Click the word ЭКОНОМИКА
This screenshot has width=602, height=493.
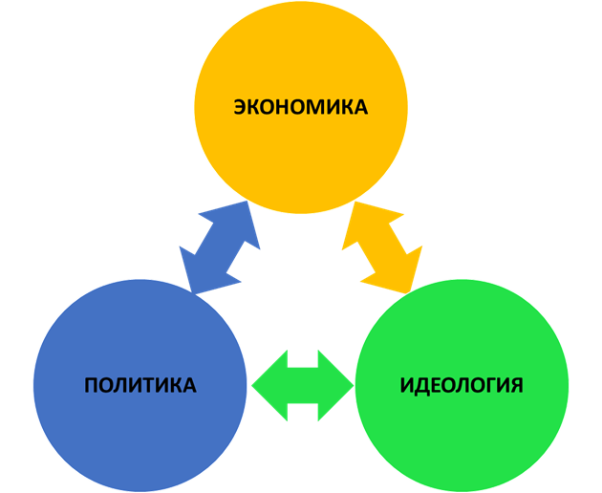[x=300, y=107]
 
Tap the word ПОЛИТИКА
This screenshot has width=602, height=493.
[x=140, y=386]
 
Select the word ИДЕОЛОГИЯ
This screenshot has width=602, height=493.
[x=462, y=386]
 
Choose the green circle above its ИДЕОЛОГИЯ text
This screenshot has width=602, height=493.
[x=462, y=334]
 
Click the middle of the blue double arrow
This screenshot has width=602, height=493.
[x=221, y=246]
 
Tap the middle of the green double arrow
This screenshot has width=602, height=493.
[x=302, y=385]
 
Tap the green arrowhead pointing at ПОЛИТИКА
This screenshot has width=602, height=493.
[x=268, y=385]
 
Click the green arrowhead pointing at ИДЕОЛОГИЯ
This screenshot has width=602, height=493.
[x=336, y=385]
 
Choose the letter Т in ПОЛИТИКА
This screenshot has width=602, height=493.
[x=150, y=386]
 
